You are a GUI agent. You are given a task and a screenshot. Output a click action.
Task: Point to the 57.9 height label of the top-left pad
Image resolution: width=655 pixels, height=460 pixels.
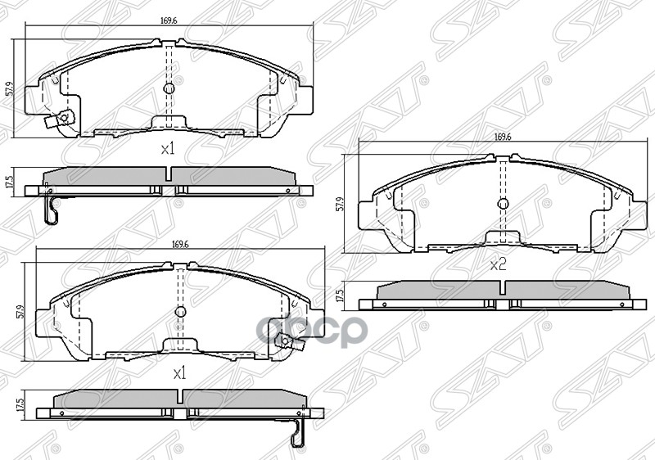[9, 88]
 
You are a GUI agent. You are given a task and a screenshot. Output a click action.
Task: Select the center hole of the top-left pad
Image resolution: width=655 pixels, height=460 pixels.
[169, 89]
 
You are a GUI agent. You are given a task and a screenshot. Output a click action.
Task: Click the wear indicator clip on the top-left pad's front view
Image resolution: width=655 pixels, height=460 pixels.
[56, 123]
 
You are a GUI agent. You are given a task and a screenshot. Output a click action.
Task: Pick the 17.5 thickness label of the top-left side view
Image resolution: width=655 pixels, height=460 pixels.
[9, 181]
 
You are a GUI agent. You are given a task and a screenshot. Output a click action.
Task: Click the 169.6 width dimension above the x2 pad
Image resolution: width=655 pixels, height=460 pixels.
[503, 138]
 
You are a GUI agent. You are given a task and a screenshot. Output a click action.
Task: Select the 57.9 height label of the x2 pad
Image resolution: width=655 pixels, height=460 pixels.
[340, 203]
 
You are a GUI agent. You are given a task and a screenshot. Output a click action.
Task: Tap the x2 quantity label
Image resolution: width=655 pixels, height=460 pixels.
[498, 264]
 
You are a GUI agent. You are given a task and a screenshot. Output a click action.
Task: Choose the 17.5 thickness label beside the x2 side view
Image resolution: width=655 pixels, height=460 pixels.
[340, 295]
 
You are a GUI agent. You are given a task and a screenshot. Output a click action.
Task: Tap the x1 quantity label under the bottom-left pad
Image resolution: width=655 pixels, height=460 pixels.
[180, 372]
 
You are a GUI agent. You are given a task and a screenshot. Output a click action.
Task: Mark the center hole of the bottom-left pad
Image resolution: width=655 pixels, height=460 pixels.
[180, 312]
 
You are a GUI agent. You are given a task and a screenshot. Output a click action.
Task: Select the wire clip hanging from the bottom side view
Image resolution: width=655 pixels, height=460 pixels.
[299, 433]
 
